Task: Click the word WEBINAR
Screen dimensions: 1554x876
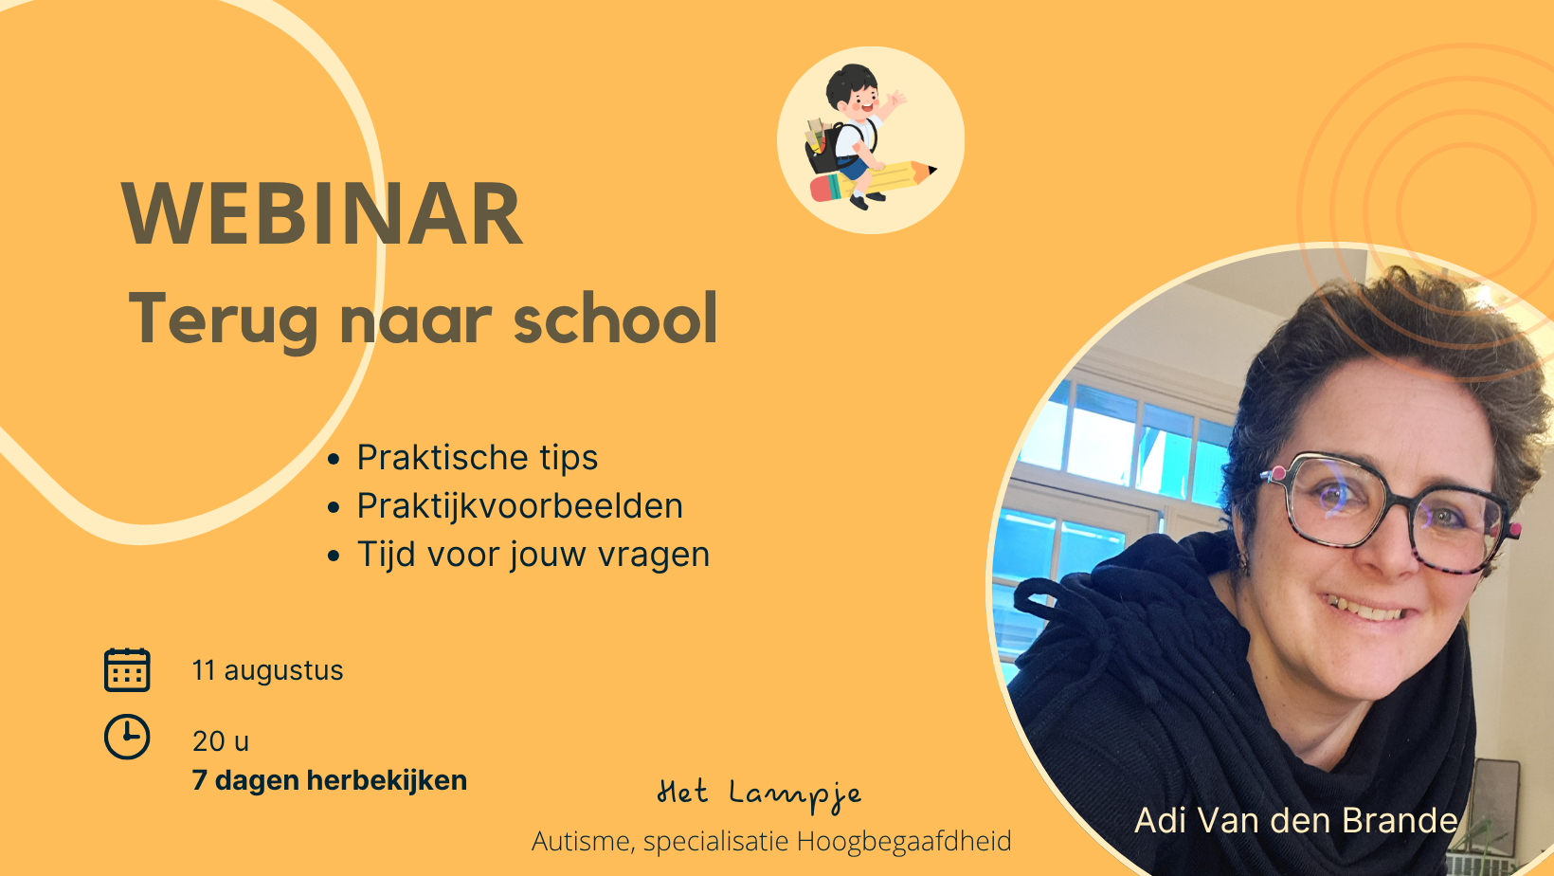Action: click(322, 213)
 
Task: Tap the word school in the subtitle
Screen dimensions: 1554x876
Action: click(615, 319)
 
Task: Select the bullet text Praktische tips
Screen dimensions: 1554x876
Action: click(478, 458)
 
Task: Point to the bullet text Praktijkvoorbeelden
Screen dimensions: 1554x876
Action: click(519, 506)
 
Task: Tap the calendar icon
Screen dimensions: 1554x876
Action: click(127, 670)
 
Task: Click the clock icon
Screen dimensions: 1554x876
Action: click(127, 737)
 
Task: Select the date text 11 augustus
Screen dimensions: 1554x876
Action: click(268, 670)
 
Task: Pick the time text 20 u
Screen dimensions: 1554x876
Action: click(221, 741)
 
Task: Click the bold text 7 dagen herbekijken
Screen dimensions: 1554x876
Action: click(330, 780)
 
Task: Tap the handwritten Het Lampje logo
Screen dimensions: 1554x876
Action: click(760, 794)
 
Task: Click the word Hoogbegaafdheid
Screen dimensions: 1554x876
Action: click(903, 841)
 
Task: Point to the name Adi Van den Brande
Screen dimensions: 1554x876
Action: click(1296, 820)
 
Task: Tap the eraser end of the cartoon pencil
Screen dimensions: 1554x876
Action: click(824, 188)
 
